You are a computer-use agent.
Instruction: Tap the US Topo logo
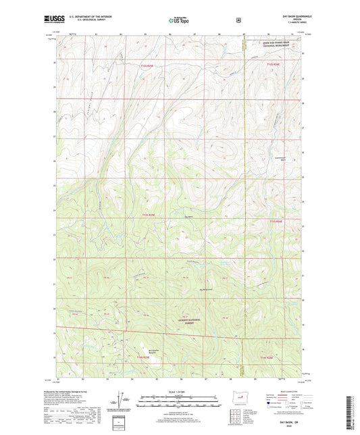(x=179, y=20)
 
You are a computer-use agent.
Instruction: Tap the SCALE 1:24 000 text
(x=180, y=392)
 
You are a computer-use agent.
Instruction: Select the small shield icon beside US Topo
(x=238, y=20)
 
